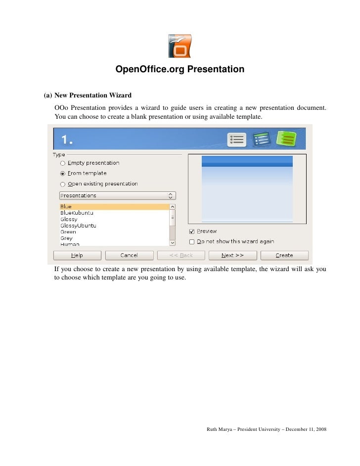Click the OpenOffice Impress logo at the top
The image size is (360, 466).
coord(180,46)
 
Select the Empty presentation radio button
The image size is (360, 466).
coord(63,163)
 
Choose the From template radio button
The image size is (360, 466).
coord(63,174)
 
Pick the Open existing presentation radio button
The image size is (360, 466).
coord(63,184)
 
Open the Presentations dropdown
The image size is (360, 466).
coord(117,196)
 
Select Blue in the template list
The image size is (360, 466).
coord(66,207)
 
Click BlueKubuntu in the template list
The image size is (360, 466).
coord(77,213)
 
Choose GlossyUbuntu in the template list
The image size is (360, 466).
coord(78,226)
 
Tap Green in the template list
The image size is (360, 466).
coord(68,232)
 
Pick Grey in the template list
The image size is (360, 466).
coord(66,238)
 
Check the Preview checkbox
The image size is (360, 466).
coord(192,232)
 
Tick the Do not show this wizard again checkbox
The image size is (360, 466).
coord(192,242)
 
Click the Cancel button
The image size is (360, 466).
coord(129,255)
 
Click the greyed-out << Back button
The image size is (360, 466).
coord(181,255)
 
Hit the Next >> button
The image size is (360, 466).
coord(232,255)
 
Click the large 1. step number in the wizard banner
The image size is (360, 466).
coord(68,140)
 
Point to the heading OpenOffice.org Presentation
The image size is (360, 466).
coord(180,69)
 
